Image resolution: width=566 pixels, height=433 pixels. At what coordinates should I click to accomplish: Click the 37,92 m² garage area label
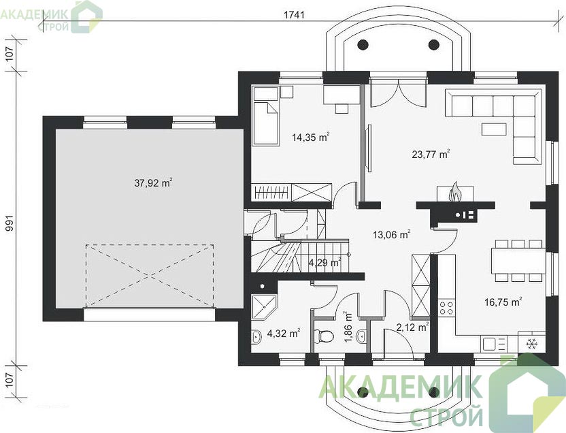tap(153, 183)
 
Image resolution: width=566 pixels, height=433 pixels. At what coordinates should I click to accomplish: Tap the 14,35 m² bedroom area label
tap(311, 138)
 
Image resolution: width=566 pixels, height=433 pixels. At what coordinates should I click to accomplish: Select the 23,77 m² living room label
tap(431, 155)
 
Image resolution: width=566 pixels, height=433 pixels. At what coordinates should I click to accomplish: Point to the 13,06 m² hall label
tap(392, 235)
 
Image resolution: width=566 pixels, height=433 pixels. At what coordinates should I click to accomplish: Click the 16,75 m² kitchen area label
tap(503, 302)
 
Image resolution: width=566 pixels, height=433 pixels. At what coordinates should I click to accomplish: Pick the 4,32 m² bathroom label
tap(284, 334)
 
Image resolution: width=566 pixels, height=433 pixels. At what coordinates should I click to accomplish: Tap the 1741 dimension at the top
tap(294, 15)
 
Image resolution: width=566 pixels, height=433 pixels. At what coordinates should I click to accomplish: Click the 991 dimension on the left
tap(10, 223)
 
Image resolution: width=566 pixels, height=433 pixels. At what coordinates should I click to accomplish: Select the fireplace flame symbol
tap(454, 192)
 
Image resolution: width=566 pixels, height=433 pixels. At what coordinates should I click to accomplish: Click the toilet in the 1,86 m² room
tap(323, 336)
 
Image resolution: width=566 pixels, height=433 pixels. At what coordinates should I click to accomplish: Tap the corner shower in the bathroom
tap(264, 307)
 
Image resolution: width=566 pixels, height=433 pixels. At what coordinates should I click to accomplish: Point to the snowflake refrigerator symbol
tap(531, 344)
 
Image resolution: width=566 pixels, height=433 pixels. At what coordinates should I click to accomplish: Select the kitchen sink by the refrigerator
tap(494, 344)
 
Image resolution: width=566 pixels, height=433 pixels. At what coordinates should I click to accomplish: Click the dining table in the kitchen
tap(518, 260)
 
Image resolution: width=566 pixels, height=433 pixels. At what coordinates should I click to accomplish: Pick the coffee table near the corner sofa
tap(493, 129)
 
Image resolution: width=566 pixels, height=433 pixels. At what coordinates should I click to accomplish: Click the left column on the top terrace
tap(363, 45)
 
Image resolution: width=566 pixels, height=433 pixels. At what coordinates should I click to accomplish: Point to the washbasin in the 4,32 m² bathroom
tap(256, 336)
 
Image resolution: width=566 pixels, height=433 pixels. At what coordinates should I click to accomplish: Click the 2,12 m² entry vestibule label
tap(412, 327)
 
